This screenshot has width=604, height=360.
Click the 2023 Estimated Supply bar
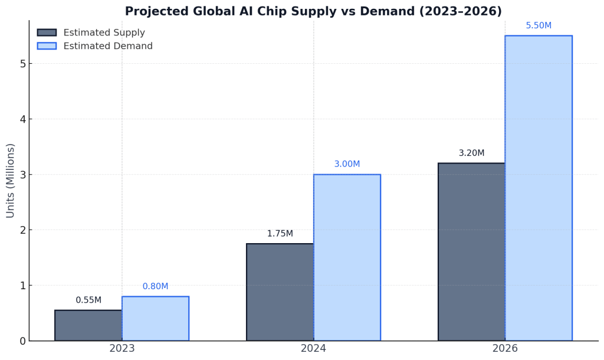tap(88, 325)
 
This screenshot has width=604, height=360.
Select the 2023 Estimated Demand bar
tap(155, 318)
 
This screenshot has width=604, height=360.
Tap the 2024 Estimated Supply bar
tap(280, 292)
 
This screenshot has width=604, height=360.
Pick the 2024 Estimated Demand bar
tap(347, 257)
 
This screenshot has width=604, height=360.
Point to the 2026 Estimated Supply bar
tap(471, 251)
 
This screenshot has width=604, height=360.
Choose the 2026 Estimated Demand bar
tap(538, 188)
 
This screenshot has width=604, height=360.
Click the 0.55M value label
tap(88, 300)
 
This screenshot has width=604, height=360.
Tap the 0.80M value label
tap(155, 287)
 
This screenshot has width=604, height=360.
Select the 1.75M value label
tap(280, 234)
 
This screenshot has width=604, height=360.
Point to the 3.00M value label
tap(347, 164)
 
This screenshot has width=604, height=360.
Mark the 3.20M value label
tap(471, 153)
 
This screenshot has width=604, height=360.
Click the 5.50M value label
tap(539, 26)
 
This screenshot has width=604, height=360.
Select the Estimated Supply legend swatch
tap(47, 32)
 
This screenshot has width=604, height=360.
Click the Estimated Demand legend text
tap(108, 46)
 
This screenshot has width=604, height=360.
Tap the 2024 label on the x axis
tap(313, 349)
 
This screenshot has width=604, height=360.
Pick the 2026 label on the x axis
tap(505, 349)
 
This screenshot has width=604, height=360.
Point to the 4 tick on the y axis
tap(22, 119)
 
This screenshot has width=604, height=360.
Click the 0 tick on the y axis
tap(22, 341)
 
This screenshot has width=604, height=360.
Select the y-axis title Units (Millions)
tap(11, 181)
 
